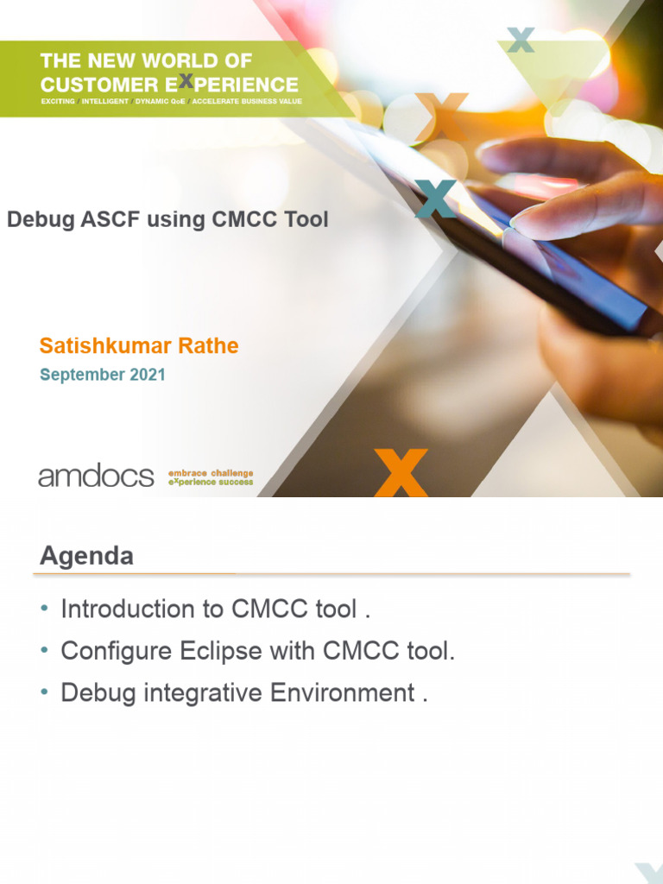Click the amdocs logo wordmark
click(96, 476)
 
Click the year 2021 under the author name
click(148, 375)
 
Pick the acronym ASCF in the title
click(110, 219)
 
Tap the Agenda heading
click(86, 556)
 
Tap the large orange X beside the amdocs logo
click(401, 472)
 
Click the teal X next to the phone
click(436, 199)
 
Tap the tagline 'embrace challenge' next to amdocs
click(211, 473)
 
